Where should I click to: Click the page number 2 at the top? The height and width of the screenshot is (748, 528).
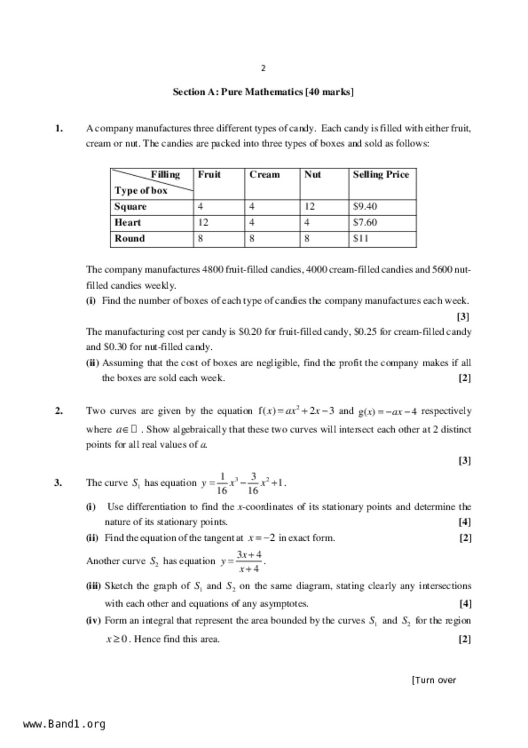click(263, 68)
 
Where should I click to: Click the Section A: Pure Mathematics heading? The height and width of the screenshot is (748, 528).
click(263, 92)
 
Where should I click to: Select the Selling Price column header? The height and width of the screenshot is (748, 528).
click(381, 175)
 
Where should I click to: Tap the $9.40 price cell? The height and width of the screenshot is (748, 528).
click(365, 207)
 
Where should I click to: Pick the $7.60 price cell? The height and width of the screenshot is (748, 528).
click(365, 223)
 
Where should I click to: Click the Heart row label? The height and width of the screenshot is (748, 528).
click(127, 223)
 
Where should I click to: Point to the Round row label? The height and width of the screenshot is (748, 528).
click(130, 238)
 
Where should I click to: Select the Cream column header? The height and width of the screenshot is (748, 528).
click(265, 175)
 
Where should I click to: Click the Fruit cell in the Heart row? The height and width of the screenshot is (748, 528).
click(203, 223)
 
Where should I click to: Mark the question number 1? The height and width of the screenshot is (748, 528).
click(59, 128)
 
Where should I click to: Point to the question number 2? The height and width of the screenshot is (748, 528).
click(59, 411)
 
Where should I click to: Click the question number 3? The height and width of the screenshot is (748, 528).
click(58, 483)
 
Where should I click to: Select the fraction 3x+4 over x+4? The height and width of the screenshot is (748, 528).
click(249, 562)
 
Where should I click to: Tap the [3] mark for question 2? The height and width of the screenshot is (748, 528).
click(465, 461)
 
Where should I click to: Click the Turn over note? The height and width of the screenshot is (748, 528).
click(433, 680)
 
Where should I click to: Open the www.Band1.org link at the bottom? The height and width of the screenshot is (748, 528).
click(64, 724)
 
